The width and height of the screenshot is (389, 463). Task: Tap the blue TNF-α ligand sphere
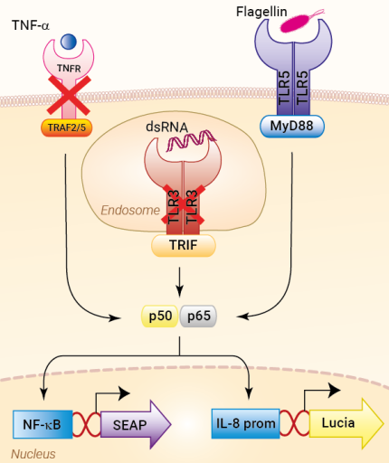[x=68, y=42]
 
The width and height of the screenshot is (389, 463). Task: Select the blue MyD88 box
[x=293, y=126]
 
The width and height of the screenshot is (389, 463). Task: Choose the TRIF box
[x=183, y=244]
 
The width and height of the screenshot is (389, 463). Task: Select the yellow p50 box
[x=160, y=317]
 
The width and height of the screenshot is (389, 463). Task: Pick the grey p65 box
[x=200, y=317]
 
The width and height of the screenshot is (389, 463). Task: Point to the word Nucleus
[x=33, y=453]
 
